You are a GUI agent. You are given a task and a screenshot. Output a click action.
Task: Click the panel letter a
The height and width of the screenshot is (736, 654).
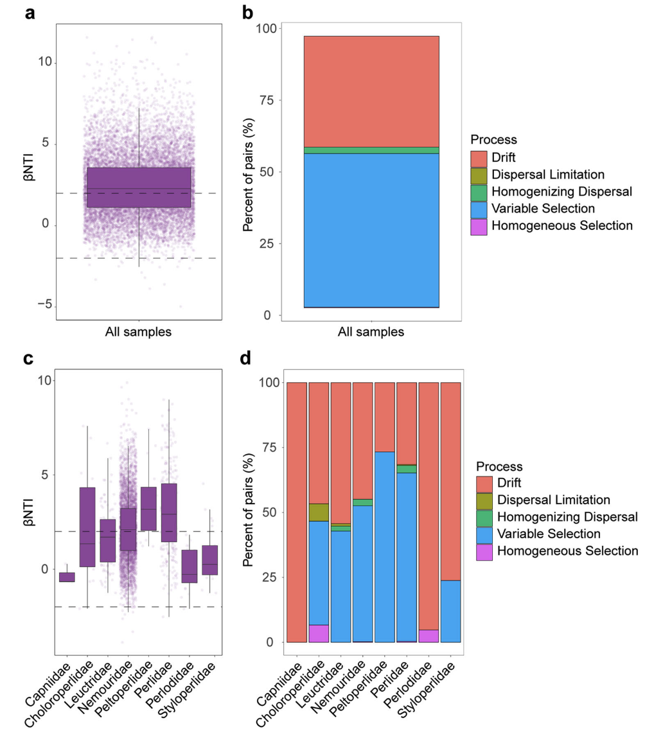pyautogui.click(x=30, y=13)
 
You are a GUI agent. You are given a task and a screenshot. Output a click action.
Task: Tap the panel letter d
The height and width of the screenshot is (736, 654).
pyautogui.click(x=245, y=358)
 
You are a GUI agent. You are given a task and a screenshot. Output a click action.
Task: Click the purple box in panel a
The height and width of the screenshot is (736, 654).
pyautogui.click(x=139, y=187)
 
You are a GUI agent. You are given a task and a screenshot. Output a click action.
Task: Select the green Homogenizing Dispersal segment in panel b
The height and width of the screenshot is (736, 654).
pyautogui.click(x=371, y=150)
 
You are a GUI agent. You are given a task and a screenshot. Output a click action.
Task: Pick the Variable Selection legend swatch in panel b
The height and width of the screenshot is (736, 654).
pyautogui.click(x=479, y=209)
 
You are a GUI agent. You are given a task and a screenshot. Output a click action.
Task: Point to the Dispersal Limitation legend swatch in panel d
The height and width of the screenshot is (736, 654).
pyautogui.click(x=484, y=500)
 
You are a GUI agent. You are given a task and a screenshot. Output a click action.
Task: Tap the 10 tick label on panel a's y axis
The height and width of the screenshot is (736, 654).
pyautogui.click(x=44, y=63)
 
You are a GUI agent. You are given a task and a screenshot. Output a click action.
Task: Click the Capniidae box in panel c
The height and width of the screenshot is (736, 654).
pyautogui.click(x=67, y=577)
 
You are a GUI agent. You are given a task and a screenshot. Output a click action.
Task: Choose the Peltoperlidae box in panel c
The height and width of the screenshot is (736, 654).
pyautogui.click(x=148, y=509)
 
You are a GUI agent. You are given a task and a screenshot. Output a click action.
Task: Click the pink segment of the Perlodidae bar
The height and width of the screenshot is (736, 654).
pyautogui.click(x=428, y=636)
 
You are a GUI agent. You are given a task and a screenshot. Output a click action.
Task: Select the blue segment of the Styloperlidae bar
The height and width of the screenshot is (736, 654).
pyautogui.click(x=450, y=611)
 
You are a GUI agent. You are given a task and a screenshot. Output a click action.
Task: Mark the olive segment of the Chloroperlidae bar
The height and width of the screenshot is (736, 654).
pyautogui.click(x=319, y=512)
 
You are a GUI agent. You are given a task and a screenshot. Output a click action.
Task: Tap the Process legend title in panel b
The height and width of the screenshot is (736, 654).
pyautogui.click(x=493, y=139)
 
